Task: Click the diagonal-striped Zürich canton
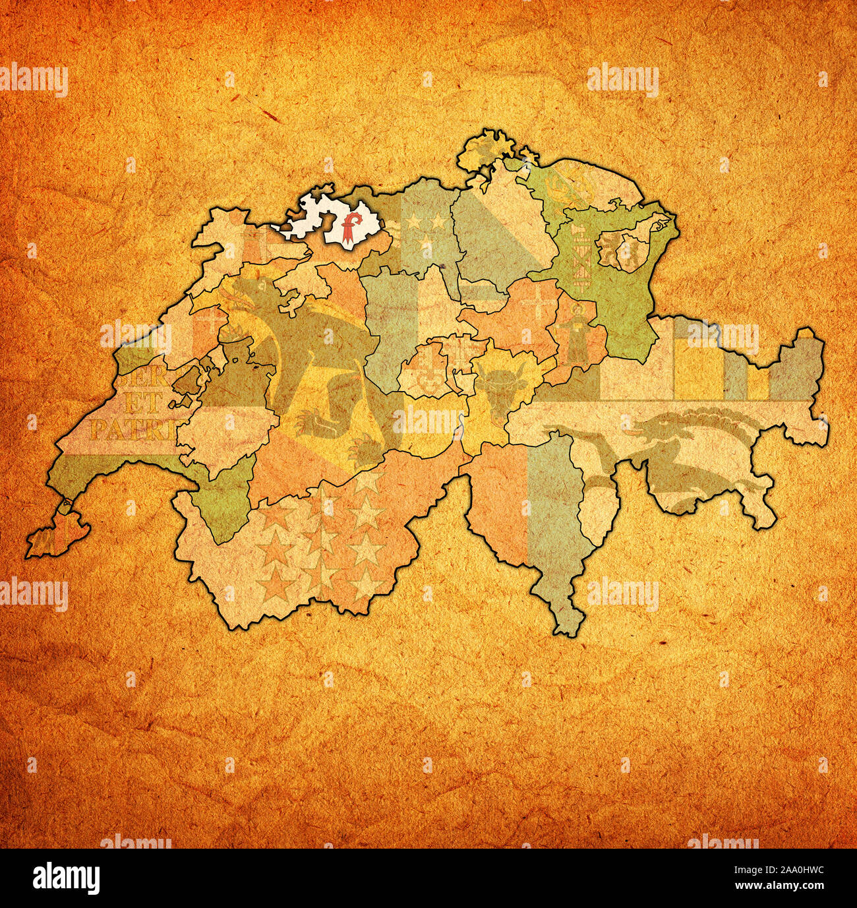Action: (x=491, y=231)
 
